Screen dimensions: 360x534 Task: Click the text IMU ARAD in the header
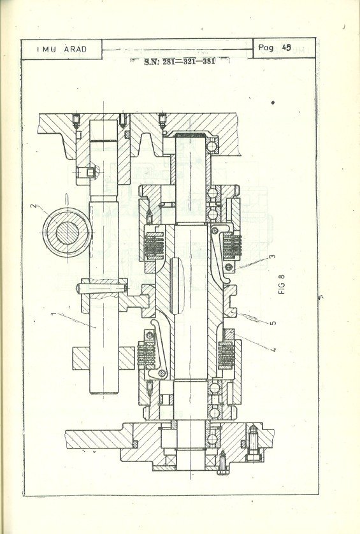62,49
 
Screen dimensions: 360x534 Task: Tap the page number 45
287,48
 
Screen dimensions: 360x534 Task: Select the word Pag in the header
266,48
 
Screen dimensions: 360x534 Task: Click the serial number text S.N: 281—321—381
180,62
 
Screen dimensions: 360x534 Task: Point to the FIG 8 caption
282,284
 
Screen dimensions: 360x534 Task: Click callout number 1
54,314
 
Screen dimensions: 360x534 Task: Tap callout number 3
272,256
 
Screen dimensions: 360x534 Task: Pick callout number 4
273,349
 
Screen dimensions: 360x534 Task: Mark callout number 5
273,322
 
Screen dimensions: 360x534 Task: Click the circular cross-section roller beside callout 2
67,233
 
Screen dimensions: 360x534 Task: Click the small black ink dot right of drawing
273,102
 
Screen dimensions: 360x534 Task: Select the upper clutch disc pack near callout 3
233,245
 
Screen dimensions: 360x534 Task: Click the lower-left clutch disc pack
147,354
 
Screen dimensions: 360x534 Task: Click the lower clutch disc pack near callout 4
226,354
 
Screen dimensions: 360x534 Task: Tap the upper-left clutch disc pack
154,245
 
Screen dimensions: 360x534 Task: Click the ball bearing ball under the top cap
212,147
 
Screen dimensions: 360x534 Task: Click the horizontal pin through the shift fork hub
102,289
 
